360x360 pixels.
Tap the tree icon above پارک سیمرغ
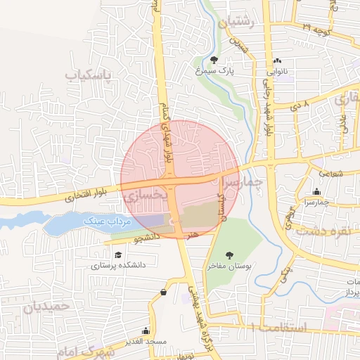[214, 59]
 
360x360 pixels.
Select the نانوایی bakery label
[276, 71]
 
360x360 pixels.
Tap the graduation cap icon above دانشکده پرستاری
[118, 255]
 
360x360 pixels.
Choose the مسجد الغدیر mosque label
[146, 341]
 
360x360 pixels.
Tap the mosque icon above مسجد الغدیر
[146, 330]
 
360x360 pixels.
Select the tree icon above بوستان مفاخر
[228, 255]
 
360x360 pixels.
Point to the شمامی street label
[328, 171]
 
